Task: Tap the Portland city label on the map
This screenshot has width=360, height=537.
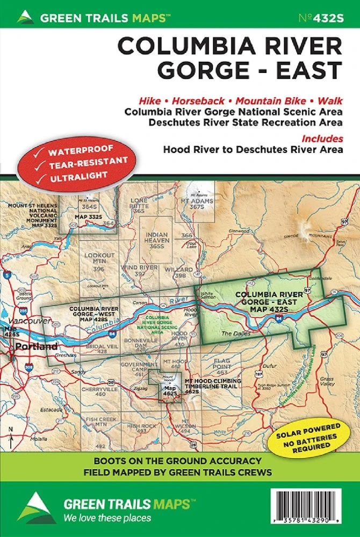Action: click(x=36, y=347)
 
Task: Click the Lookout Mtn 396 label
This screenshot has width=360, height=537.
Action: click(x=99, y=260)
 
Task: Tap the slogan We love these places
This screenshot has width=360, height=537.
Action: click(x=107, y=518)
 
